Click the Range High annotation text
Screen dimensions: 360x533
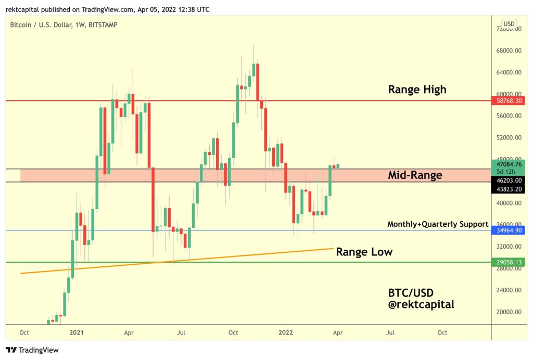coord(417,89)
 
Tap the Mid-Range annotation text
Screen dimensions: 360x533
coord(415,175)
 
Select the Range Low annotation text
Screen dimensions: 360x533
coord(364,252)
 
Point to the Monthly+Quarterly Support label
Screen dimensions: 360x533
coord(438,224)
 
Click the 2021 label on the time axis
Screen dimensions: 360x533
coord(77,332)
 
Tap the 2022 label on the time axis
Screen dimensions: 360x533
coord(285,332)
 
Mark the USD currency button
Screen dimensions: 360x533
coord(509,23)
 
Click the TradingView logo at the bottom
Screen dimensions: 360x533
coord(32,350)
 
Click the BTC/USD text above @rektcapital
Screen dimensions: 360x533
coord(411,292)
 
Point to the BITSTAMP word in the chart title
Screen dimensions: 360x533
coord(103,24)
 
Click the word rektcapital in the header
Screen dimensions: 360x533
coord(22,9)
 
